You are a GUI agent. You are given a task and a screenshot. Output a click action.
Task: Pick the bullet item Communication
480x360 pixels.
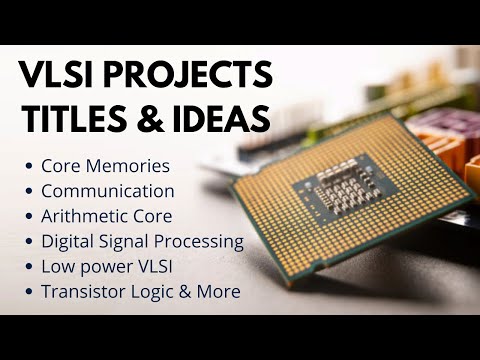point(108,190)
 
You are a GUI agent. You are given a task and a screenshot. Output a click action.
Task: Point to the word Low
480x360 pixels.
point(57,267)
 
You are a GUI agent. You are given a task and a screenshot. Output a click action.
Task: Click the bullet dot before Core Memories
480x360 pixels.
point(28,165)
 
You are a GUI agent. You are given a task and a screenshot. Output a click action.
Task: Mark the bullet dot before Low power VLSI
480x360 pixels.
point(28,267)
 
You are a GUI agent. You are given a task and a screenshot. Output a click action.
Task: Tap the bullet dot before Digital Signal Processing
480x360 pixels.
point(28,241)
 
